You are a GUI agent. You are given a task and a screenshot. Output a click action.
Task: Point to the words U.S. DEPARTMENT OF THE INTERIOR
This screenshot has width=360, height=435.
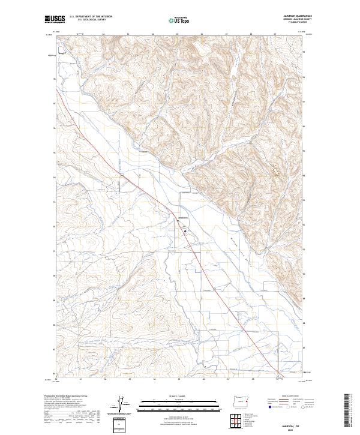tap(91, 17)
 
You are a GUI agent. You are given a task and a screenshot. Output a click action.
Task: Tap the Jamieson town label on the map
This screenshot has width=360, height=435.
tap(184, 217)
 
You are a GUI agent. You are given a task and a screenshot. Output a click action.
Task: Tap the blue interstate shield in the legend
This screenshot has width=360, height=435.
tap(265, 406)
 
